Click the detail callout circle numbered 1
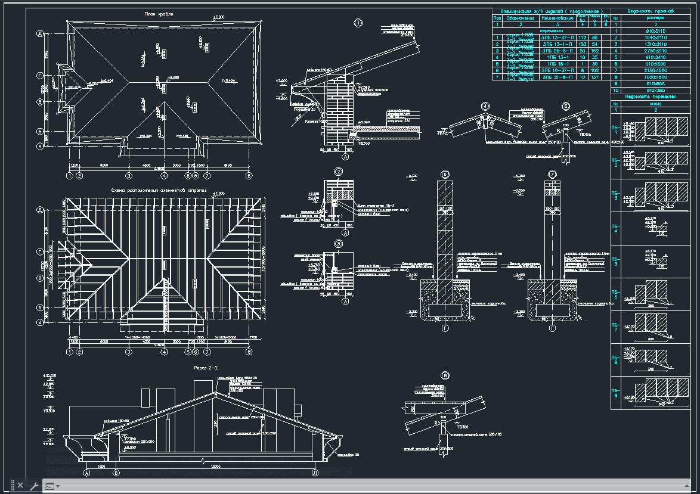tap(358, 24)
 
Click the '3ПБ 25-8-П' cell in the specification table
tap(554, 51)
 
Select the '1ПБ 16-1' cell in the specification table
tap(554, 64)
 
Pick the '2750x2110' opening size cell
tap(649, 51)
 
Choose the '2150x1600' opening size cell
tap(649, 70)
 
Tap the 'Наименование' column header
tap(554, 18)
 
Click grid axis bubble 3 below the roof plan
tap(129, 176)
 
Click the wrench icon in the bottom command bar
tap(34, 486)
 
